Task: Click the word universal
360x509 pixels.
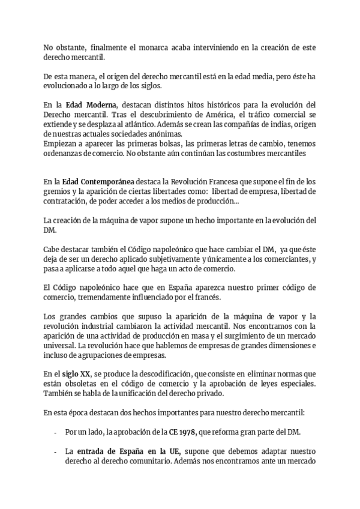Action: pyautogui.click(x=60, y=346)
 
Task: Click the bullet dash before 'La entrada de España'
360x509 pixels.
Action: pyautogui.click(x=56, y=451)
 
